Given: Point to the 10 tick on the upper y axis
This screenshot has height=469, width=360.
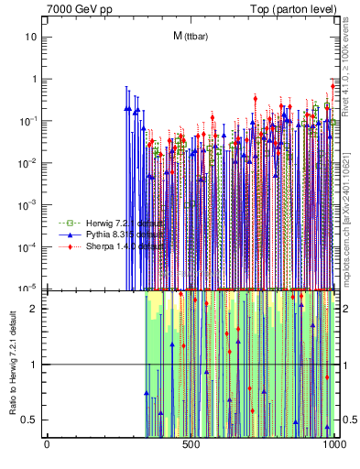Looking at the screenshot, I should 31,37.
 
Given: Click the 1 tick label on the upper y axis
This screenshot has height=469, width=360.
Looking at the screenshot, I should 34,79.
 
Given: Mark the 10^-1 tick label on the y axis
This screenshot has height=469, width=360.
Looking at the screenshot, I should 29,120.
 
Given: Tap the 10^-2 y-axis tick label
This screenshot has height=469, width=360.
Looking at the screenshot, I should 29,162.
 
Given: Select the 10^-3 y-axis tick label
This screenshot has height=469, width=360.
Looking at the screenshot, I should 29,204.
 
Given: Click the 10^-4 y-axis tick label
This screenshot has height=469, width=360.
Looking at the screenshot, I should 29,246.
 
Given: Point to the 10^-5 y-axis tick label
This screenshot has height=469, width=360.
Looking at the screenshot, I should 29,288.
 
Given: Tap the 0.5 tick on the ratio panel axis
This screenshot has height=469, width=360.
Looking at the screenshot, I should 30,420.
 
